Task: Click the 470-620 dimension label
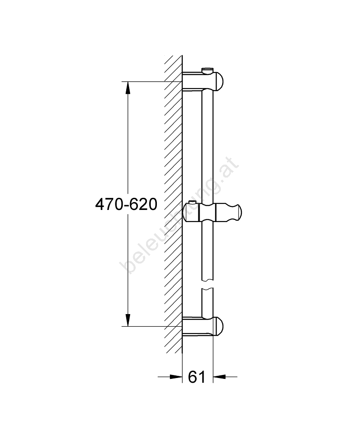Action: [x=126, y=205]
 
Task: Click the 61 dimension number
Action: [x=197, y=377]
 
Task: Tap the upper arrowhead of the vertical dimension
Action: [x=127, y=88]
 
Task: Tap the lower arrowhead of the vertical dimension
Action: [x=127, y=320]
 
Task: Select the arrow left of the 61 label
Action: [x=170, y=376]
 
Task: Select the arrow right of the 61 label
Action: [x=225, y=376]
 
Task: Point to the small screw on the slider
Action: [x=193, y=204]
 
